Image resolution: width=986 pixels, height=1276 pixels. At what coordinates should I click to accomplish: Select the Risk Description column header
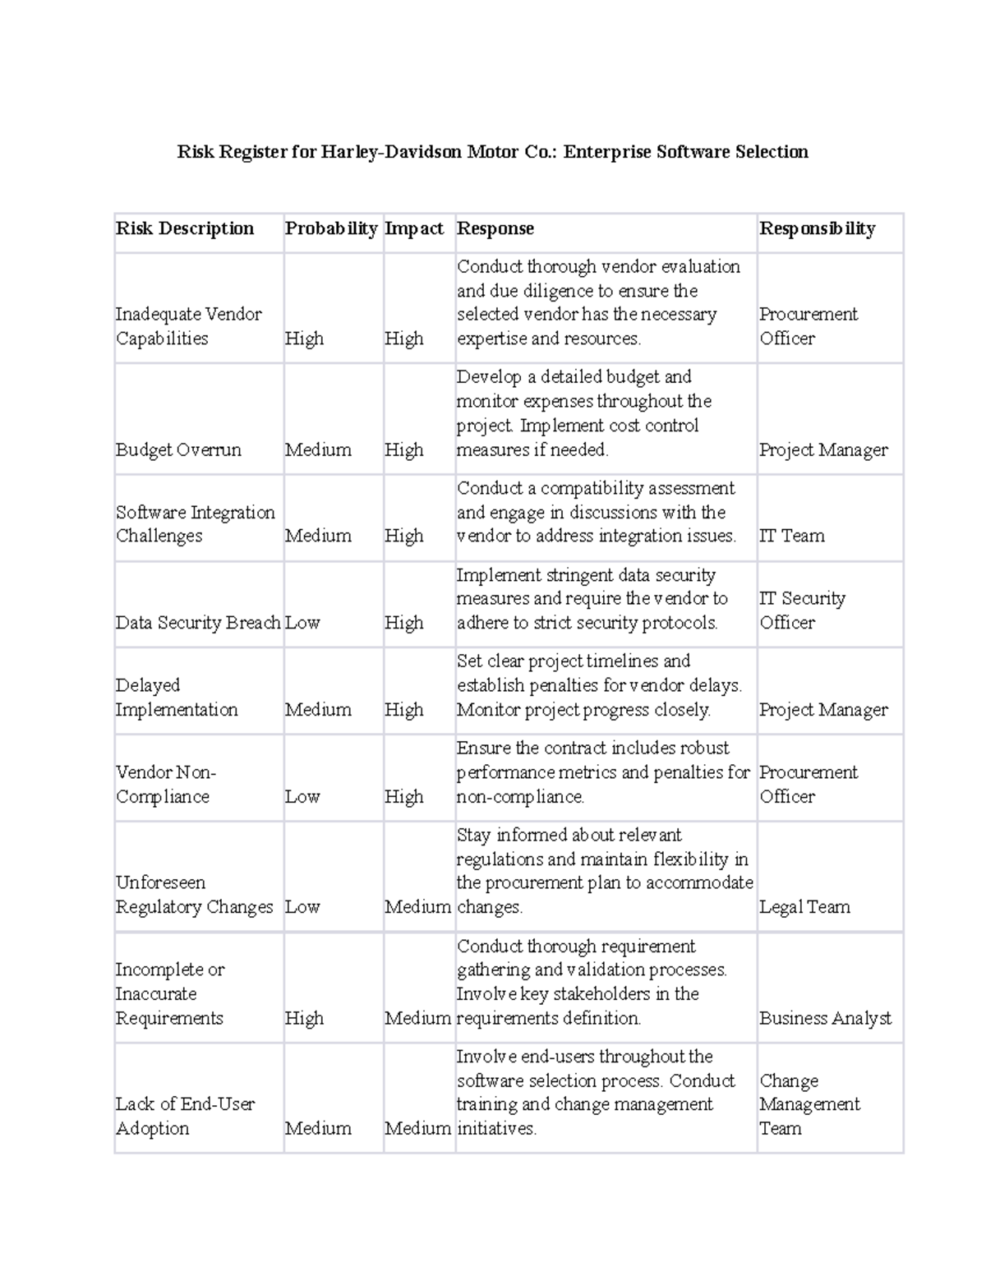[185, 228]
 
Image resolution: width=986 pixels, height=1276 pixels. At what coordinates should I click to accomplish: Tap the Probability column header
[331, 228]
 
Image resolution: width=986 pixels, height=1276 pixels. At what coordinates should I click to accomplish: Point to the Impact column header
[414, 228]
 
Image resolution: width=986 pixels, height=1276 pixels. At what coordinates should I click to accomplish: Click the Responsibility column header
[818, 228]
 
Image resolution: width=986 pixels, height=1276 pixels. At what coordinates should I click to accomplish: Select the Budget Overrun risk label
[178, 449]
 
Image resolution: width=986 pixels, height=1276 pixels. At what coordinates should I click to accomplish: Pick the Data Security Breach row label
[198, 623]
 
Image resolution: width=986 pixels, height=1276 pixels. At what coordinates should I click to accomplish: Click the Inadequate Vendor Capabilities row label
[188, 326]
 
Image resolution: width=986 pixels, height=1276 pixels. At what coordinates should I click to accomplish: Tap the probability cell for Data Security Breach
[302, 623]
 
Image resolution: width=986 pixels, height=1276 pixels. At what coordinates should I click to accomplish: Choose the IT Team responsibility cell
[792, 536]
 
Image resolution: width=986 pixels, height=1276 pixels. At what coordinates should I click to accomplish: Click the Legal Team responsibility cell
[804, 907]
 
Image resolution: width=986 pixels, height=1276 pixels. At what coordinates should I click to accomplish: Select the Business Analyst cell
[825, 1018]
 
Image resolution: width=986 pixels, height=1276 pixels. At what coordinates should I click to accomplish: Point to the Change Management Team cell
[809, 1104]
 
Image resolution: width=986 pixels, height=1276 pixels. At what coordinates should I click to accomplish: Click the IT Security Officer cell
[802, 610]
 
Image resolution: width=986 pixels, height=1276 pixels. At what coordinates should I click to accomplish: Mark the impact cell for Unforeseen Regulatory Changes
[417, 907]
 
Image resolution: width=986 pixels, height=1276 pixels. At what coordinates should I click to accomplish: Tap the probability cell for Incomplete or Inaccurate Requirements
[304, 1018]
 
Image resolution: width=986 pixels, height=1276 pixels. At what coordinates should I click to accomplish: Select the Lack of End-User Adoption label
[185, 1116]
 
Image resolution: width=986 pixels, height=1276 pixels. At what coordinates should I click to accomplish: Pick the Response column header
[495, 228]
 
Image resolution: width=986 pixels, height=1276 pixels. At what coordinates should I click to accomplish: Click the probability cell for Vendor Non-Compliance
[302, 796]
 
